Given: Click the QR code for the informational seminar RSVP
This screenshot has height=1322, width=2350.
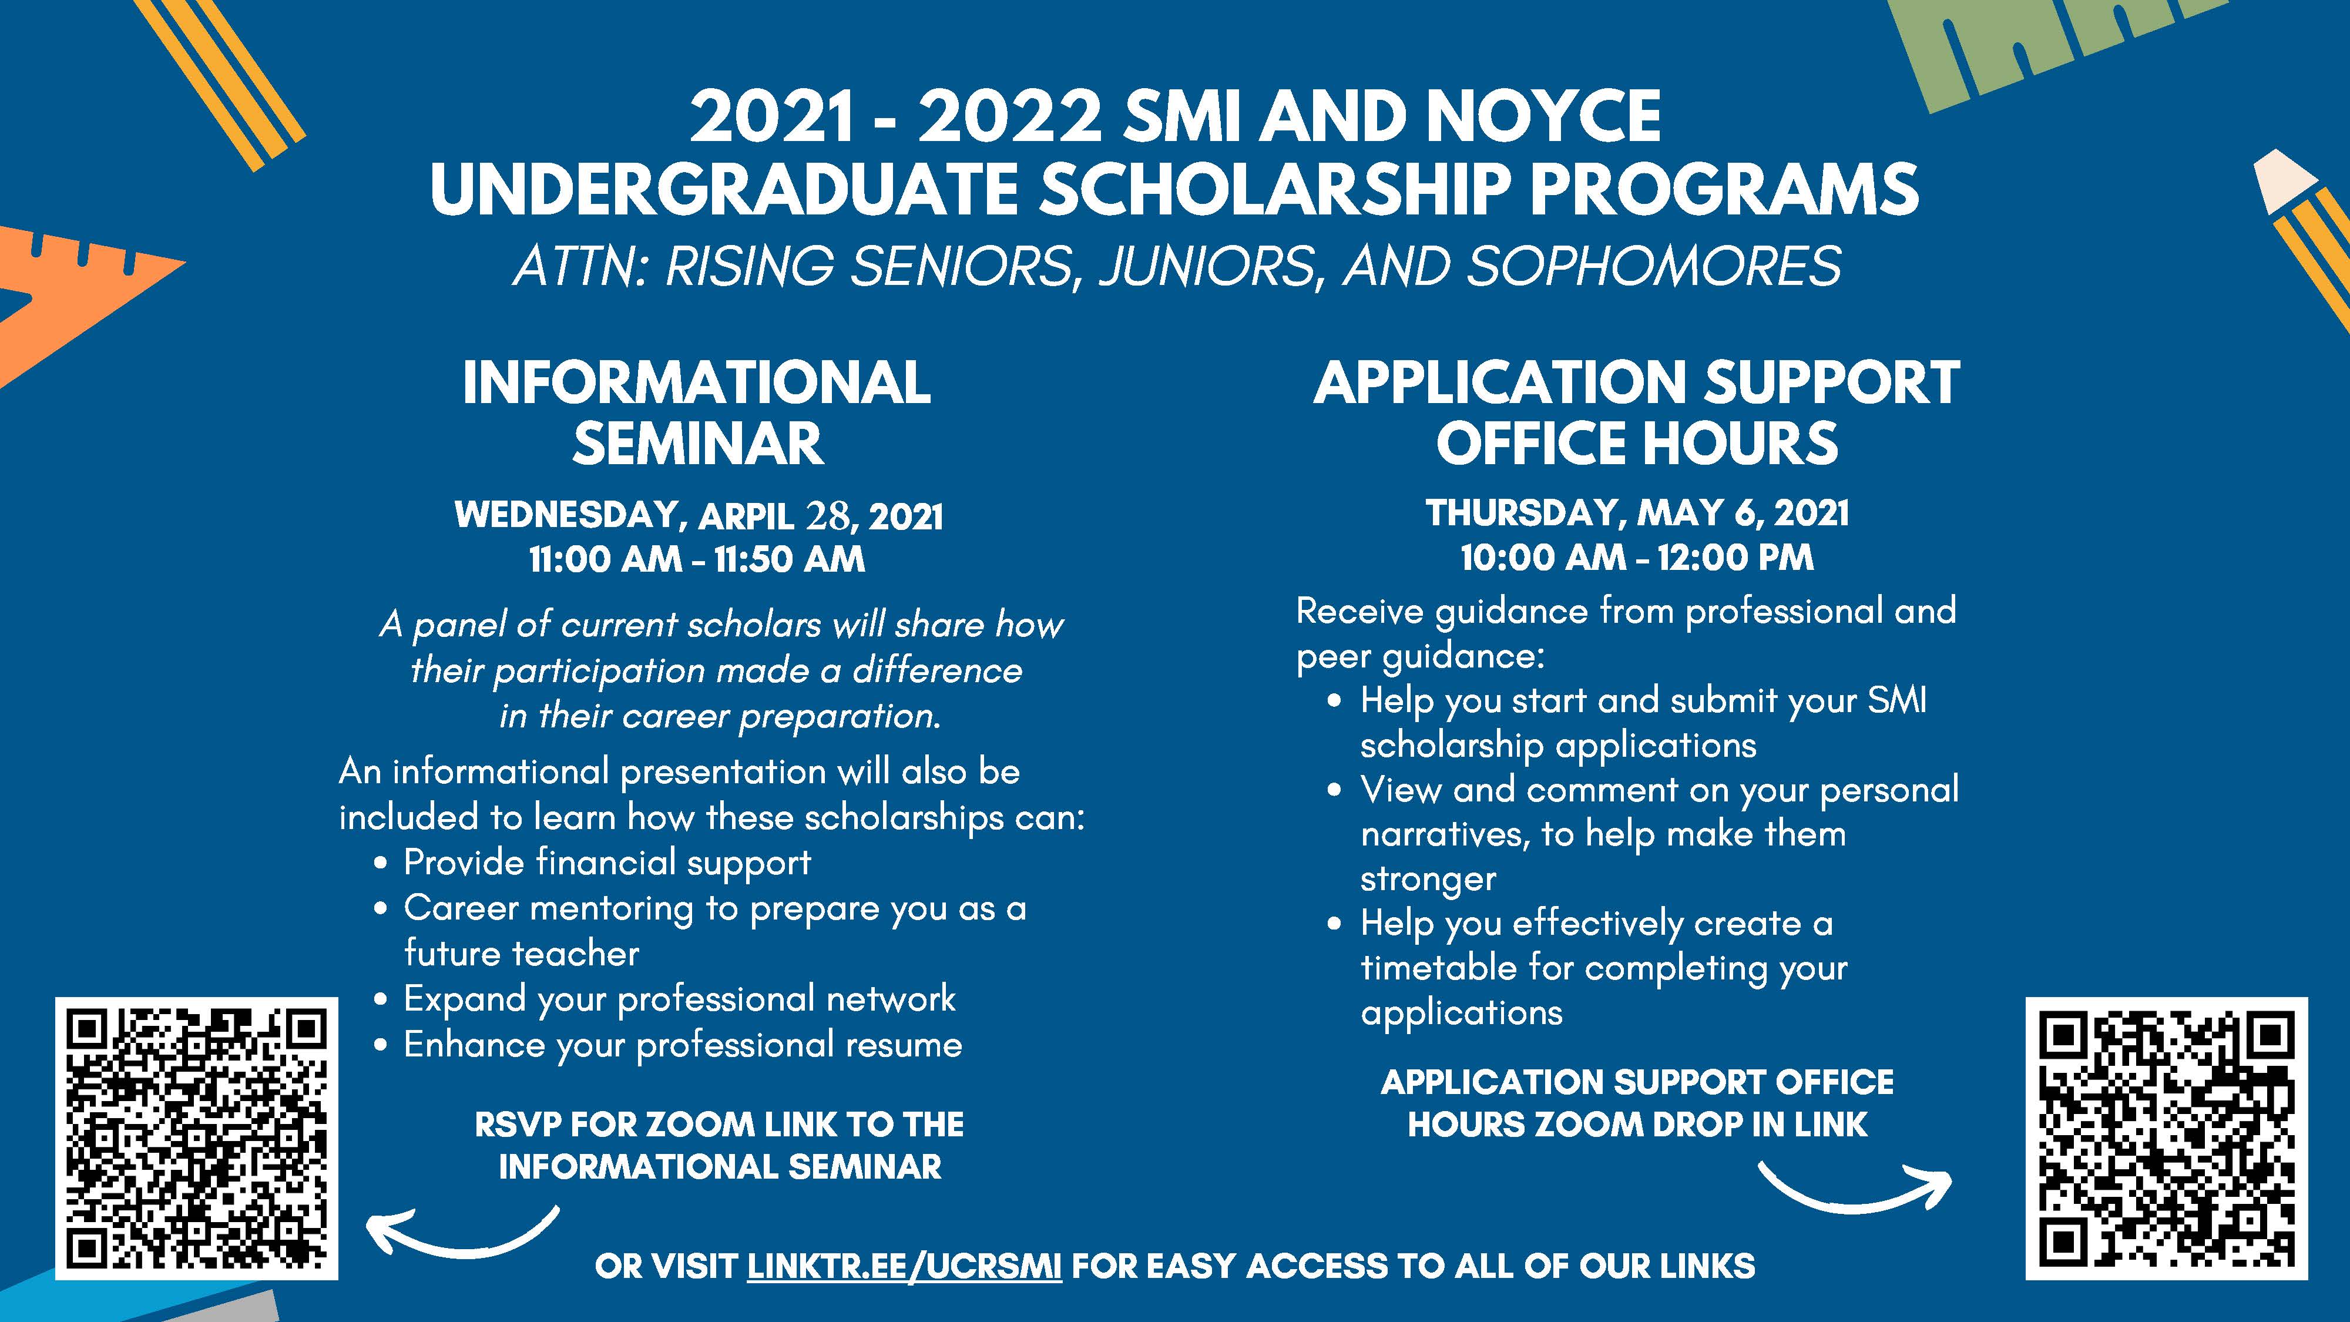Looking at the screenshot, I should (x=196, y=1138).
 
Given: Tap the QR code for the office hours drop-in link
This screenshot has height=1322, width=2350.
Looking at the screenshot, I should (x=2167, y=1138).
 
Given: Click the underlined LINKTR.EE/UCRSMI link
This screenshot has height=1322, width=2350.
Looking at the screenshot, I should (x=904, y=1266).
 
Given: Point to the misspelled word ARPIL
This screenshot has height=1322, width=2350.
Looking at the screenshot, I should (x=746, y=516).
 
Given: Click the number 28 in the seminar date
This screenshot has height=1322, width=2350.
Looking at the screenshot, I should (x=827, y=516).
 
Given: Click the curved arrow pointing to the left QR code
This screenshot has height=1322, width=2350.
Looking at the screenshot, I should (x=464, y=1233).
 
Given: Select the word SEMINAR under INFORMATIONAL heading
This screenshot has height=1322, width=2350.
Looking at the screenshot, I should (x=698, y=444).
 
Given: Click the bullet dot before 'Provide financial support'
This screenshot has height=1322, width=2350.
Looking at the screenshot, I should (x=381, y=863).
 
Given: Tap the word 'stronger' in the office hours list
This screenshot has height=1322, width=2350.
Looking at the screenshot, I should (x=1428, y=878).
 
